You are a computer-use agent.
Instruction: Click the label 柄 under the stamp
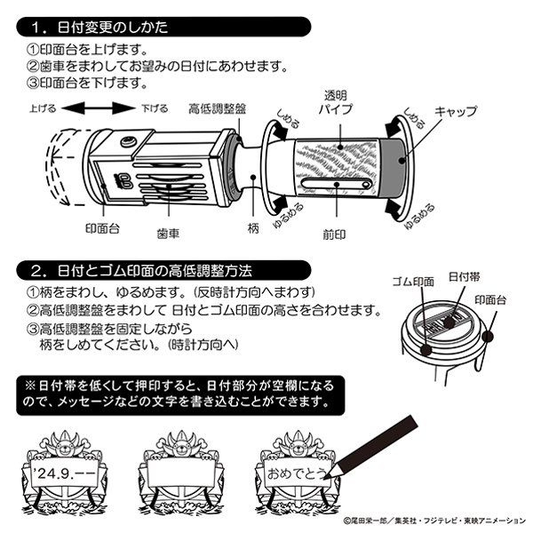click(x=253, y=229)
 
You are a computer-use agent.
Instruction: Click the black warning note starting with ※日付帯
click(x=179, y=394)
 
